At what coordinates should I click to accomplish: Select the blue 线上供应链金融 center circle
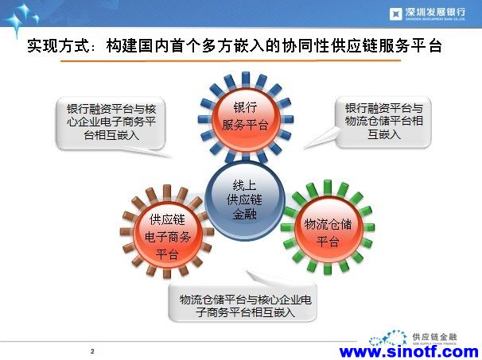[x=244, y=200]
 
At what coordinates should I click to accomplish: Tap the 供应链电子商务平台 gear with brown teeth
[x=167, y=231]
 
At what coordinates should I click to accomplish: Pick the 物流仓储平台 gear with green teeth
[x=328, y=227]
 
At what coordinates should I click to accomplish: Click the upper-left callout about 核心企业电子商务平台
[x=111, y=122]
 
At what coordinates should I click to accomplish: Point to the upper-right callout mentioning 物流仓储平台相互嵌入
[x=383, y=122]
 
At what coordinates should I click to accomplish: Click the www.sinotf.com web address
[x=409, y=352]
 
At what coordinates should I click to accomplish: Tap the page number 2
[x=92, y=351]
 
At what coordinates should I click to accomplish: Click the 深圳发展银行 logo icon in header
[x=395, y=14]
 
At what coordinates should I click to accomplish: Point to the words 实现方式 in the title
[x=59, y=46]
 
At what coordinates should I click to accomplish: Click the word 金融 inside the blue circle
[x=244, y=214]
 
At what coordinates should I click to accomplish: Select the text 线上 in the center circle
[x=244, y=186]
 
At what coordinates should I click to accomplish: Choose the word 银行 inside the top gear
[x=245, y=107]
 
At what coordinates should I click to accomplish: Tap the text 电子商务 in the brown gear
[x=168, y=237]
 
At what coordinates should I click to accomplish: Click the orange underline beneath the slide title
[x=231, y=61]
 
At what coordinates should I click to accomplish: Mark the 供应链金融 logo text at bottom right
[x=434, y=337]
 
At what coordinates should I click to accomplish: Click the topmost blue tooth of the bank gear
[x=246, y=79]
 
